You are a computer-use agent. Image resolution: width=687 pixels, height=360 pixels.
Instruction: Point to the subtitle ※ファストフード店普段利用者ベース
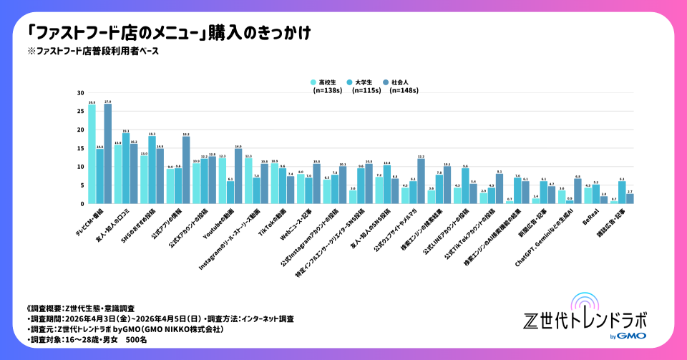pyautogui.click(x=93, y=52)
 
